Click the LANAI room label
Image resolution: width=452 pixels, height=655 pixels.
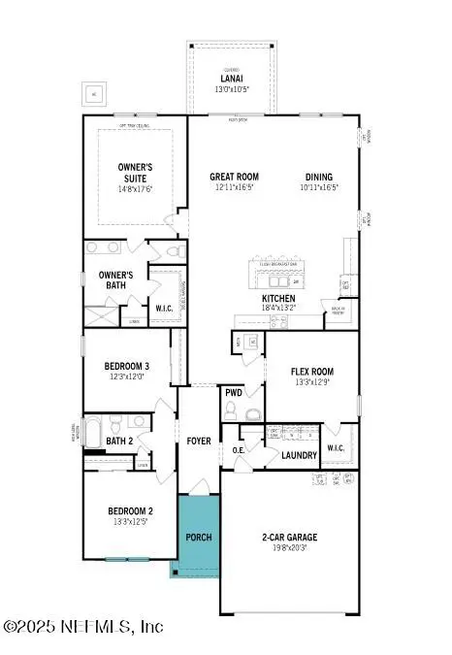tap(230, 80)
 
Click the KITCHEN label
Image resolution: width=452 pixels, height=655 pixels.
tap(279, 299)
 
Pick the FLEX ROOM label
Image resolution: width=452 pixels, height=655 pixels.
tap(311, 372)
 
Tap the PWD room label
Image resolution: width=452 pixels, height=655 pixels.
tap(234, 393)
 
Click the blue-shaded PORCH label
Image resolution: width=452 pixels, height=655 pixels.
tap(198, 537)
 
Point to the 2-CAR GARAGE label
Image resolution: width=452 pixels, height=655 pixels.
tap(289, 537)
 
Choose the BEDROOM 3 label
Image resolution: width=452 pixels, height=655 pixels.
tap(127, 366)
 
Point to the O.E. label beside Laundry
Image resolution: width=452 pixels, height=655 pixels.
tap(239, 449)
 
